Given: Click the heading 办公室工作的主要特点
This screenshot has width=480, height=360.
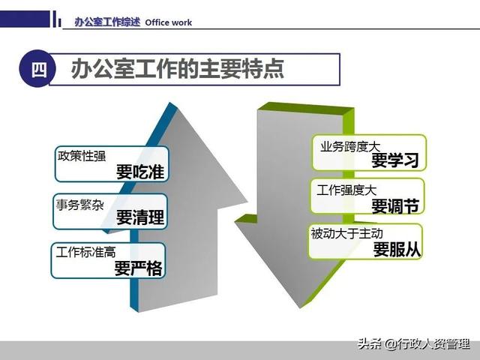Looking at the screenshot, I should coord(177,69).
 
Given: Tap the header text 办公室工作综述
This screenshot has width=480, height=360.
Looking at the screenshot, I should coord(107,22).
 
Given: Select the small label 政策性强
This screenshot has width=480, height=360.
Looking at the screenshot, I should coord(82,156).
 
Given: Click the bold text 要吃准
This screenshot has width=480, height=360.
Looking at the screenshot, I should coord(140,172).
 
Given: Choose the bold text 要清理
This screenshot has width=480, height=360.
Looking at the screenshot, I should coord(140,218).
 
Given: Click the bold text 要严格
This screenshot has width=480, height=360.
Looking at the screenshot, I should coord(139,268).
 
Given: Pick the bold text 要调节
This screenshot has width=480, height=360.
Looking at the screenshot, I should coord(395,205).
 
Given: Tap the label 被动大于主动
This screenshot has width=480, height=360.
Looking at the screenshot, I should coord(346,234).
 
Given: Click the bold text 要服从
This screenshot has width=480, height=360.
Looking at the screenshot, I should coord(397,250).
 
